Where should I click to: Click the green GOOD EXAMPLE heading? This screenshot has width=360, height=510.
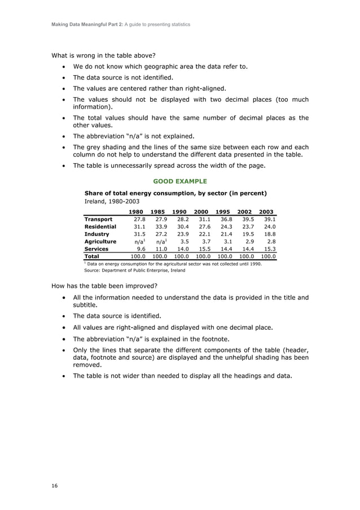coord(180,181)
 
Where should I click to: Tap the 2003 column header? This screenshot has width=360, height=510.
coord(266,212)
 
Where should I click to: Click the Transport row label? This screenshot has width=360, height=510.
coord(99,219)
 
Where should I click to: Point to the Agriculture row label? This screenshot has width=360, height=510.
coord(100,241)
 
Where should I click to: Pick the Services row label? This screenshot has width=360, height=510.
coord(97,249)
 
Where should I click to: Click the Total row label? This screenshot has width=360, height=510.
coord(92,256)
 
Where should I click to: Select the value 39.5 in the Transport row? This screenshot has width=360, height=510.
coord(247,219)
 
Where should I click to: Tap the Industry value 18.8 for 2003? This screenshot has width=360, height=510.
coord(270,234)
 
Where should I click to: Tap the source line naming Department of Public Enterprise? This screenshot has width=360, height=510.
coord(134,270)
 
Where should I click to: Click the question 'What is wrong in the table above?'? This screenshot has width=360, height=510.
coord(104,55)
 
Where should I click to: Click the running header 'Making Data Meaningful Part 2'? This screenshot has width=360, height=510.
coord(121,24)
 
